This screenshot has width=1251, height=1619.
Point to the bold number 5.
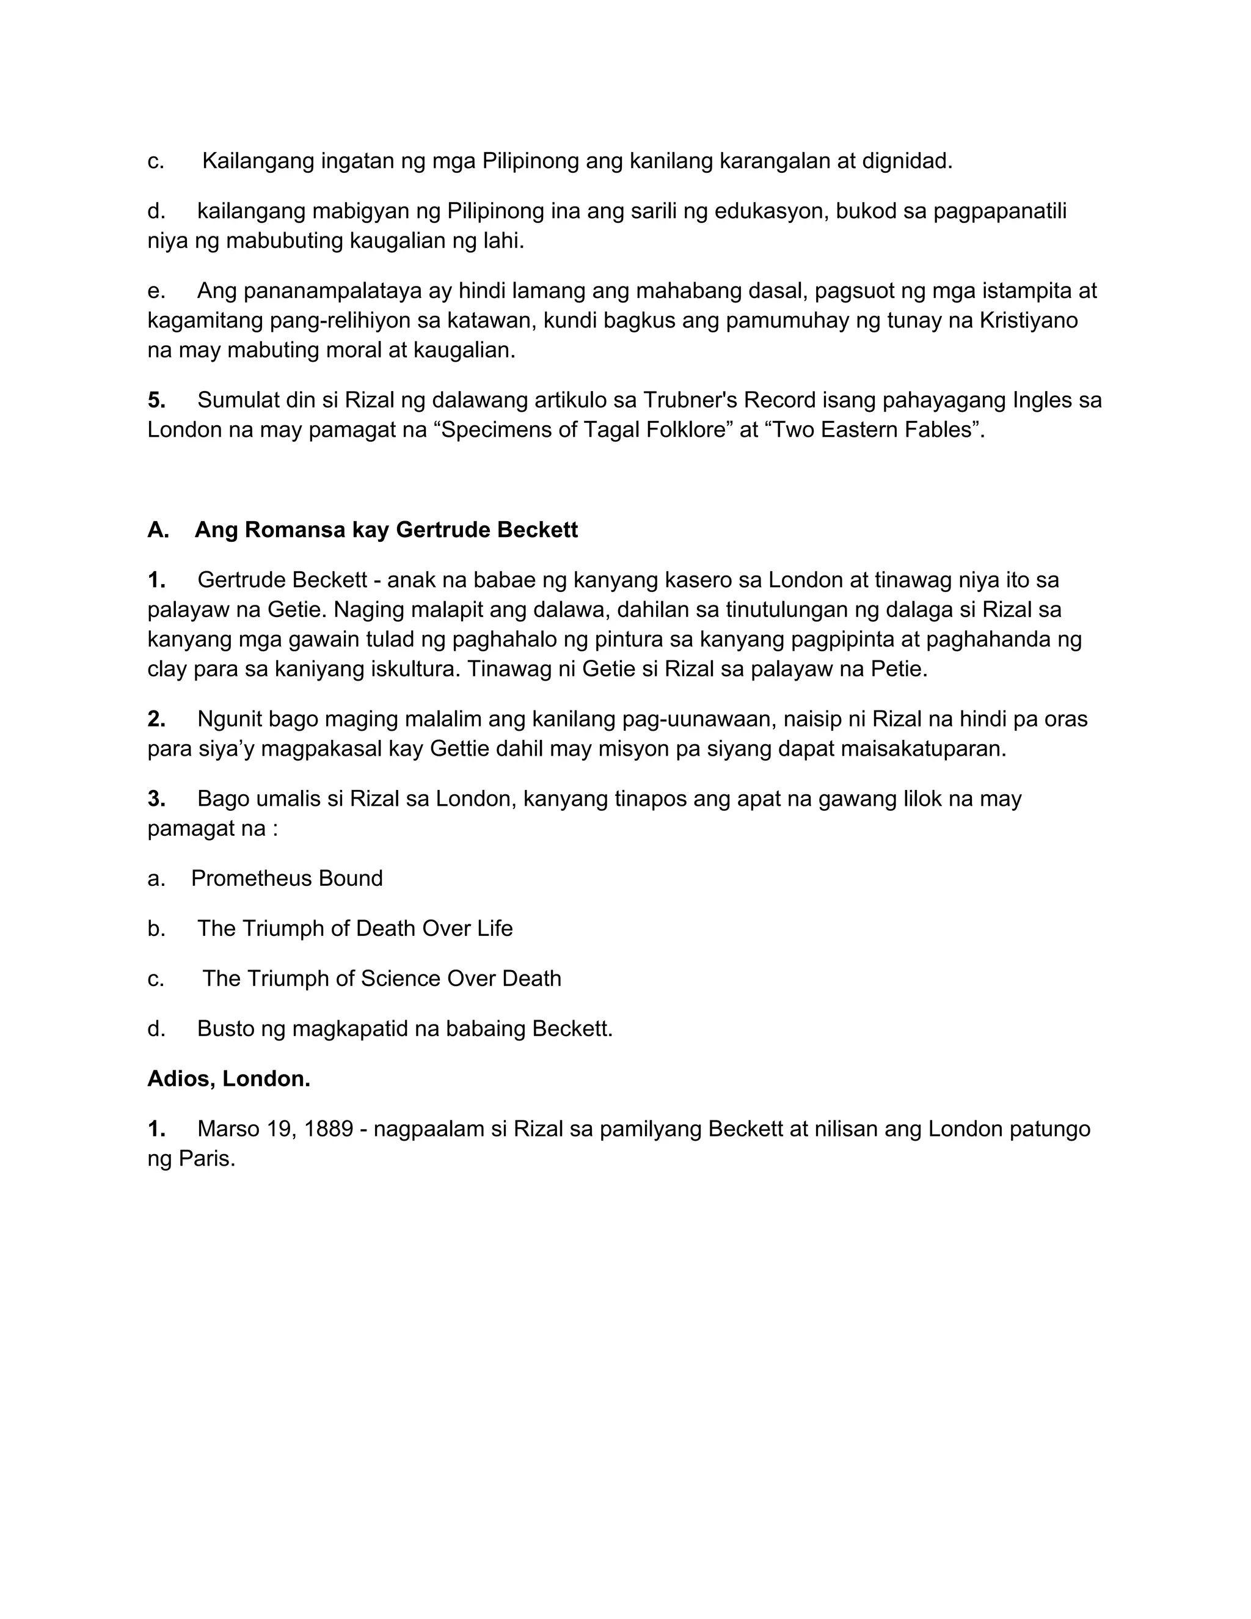156,400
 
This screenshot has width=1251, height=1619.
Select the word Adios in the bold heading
181,1078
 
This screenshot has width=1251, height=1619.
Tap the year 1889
328,1129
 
